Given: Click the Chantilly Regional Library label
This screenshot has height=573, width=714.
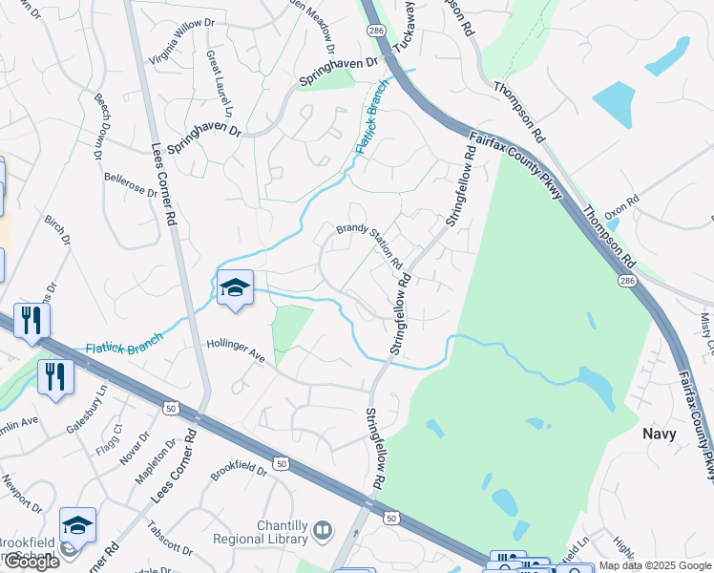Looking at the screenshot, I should [x=267, y=534].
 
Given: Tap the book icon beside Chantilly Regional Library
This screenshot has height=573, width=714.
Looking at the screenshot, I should [x=324, y=530].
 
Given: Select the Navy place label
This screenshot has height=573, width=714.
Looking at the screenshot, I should [x=660, y=434].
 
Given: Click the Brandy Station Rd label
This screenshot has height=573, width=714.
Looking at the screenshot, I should [x=368, y=245].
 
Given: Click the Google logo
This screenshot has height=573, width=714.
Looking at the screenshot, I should [x=31, y=562].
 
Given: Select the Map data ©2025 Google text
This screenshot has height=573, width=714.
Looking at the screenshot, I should [x=655, y=565].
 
